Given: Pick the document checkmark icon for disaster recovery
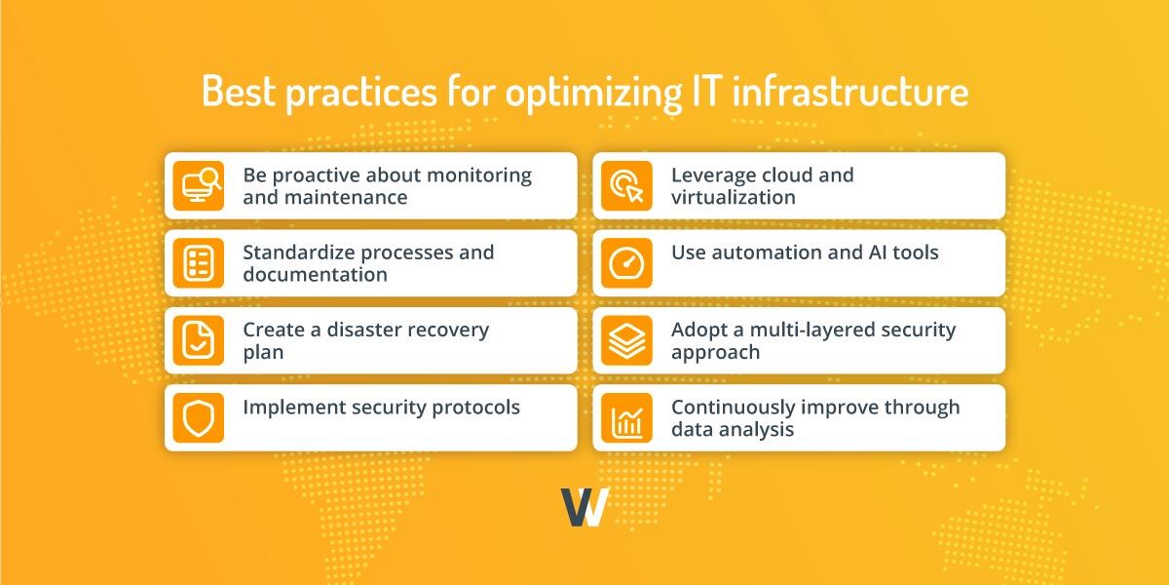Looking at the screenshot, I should tap(198, 340).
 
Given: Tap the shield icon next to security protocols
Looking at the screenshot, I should tap(198, 417).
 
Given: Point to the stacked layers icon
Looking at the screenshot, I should tap(626, 340).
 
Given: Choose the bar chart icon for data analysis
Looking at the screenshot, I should tap(626, 417).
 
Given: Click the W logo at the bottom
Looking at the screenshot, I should tap(584, 507).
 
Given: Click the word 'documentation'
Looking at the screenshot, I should tap(315, 275).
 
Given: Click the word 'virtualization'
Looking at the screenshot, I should tap(733, 197).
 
